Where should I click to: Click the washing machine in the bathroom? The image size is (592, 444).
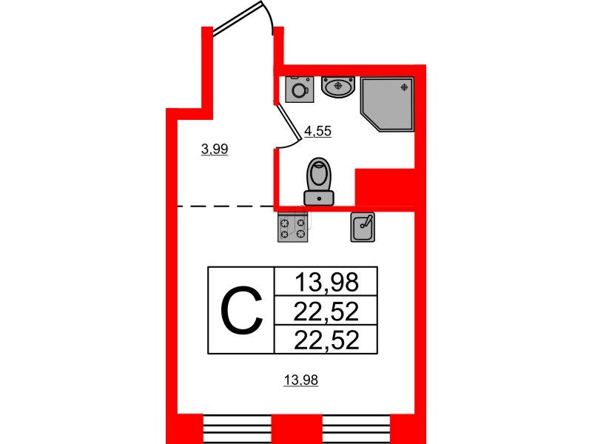point(300,90)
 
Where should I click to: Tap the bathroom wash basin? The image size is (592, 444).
point(338,87)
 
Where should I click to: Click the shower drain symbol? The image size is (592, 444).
point(404,87)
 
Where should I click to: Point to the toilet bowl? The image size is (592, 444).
point(319,174)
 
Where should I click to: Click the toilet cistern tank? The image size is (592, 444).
point(319,198)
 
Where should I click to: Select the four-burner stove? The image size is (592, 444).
point(292,227)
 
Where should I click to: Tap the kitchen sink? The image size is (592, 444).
point(363,227)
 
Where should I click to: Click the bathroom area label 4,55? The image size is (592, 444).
point(318,132)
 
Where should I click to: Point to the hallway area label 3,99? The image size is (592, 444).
point(215,149)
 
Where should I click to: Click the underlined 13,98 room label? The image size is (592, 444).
point(301,380)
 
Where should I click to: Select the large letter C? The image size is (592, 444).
point(242,310)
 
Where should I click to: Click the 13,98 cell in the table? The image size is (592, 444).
point(326,282)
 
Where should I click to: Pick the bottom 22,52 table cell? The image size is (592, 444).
point(326,339)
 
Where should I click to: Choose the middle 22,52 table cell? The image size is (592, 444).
point(326,311)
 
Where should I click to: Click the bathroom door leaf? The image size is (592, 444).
point(289,123)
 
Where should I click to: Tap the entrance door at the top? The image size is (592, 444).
point(238,18)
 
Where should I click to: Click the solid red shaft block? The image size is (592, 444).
point(385,187)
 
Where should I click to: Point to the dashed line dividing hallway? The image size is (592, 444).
point(226,206)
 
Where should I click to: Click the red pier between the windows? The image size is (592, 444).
point(297,429)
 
